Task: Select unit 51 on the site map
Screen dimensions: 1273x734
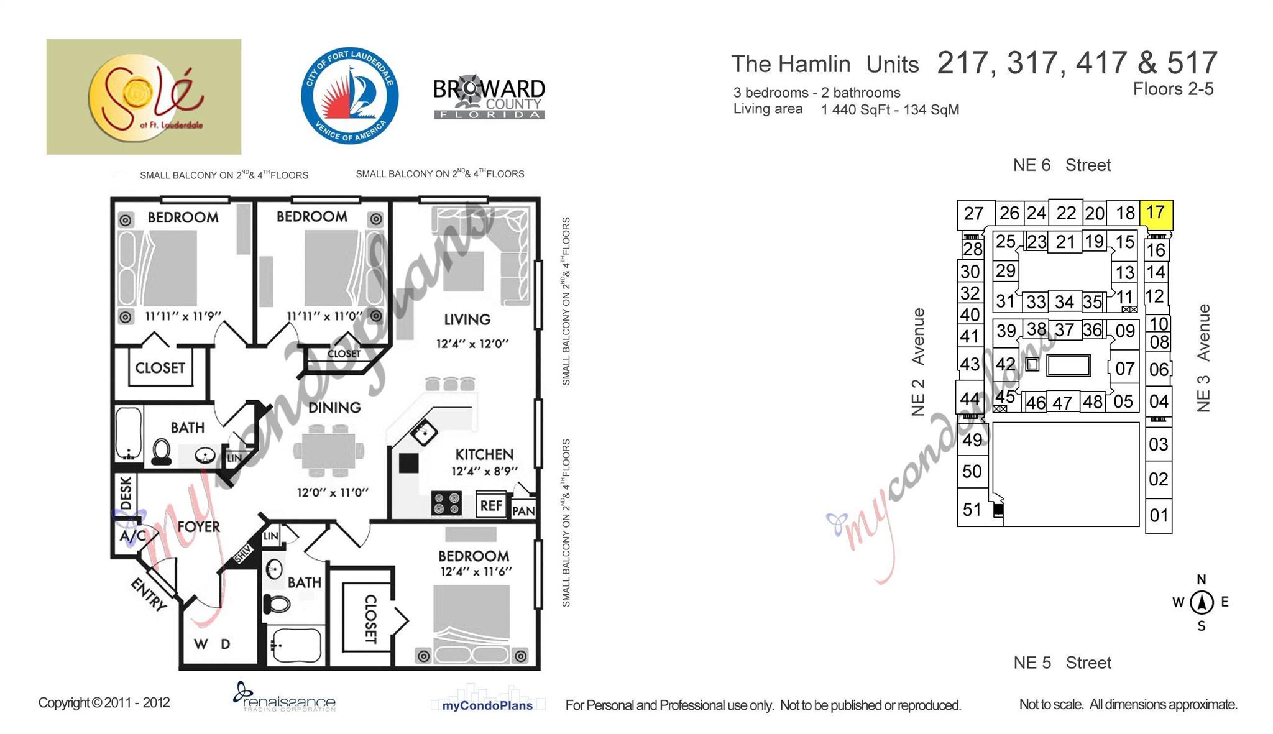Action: tap(972, 510)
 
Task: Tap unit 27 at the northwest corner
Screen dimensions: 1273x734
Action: tap(974, 214)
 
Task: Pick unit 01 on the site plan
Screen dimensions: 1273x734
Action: tap(1159, 515)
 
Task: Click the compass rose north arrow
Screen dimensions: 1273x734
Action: tap(1202, 602)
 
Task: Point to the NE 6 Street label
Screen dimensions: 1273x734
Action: tap(1062, 165)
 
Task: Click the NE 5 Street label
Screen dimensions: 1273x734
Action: tap(1062, 663)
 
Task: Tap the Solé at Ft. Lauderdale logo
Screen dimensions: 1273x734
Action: tap(144, 97)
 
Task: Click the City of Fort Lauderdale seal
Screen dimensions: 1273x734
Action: tap(350, 95)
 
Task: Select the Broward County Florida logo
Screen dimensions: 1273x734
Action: tap(489, 98)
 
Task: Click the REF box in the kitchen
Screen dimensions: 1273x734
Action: tap(491, 505)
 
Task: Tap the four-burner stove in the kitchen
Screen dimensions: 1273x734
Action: tap(447, 503)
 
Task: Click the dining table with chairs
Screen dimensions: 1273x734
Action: tap(329, 449)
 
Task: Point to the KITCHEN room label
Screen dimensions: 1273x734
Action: tap(484, 454)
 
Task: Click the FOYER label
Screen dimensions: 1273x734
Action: tap(198, 527)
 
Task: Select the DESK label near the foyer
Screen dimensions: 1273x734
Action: tap(126, 493)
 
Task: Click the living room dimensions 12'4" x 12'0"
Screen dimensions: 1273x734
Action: tap(472, 344)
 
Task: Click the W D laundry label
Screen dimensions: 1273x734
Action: tap(212, 644)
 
